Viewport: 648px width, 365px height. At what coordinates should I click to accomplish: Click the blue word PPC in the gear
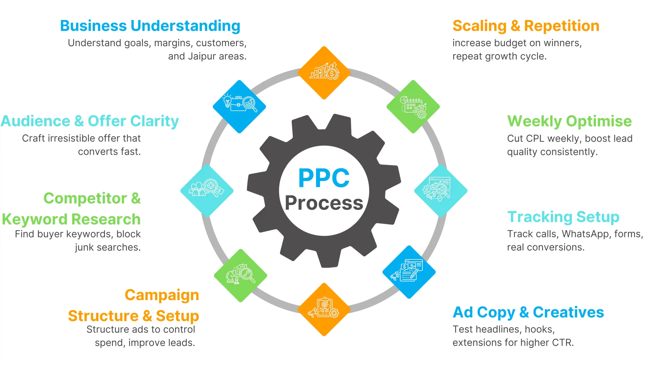point(324,178)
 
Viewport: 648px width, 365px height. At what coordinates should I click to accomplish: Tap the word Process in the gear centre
point(324,203)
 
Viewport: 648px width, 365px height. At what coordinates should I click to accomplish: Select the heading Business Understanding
point(150,26)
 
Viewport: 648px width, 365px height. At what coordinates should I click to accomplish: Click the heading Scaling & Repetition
point(526,26)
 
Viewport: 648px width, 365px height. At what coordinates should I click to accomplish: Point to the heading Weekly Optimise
point(570,121)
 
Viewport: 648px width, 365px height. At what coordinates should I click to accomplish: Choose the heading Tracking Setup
point(563,217)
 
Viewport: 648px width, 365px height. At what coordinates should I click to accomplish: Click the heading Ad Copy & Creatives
point(528,312)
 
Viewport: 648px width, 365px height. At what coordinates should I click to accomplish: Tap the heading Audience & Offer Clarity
point(90,121)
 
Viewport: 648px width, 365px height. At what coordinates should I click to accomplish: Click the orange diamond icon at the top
point(324,73)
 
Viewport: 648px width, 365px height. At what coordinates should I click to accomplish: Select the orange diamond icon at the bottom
point(324,310)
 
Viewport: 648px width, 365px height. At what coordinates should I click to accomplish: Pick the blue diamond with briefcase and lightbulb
point(239,107)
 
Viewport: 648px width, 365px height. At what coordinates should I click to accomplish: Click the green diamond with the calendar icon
point(413,107)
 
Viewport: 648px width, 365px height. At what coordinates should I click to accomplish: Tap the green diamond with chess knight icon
point(240,276)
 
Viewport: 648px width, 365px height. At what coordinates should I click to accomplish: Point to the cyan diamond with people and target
point(207,191)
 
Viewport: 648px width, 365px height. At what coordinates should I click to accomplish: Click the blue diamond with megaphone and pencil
point(409,272)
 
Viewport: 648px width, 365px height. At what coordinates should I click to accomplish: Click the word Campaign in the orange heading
point(162,295)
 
